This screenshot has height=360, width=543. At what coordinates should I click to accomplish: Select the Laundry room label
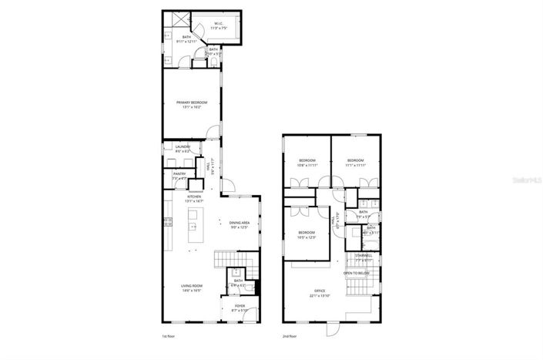click(x=183, y=148)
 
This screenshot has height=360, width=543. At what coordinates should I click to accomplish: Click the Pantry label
click(x=179, y=175)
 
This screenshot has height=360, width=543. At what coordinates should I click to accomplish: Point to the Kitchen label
click(x=195, y=198)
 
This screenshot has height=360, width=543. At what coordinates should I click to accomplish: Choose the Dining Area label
click(x=240, y=224)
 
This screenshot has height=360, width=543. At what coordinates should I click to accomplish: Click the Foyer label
click(x=241, y=307)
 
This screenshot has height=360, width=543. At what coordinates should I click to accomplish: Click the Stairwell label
click(x=364, y=257)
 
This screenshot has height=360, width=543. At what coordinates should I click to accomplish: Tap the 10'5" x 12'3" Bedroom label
click(x=307, y=234)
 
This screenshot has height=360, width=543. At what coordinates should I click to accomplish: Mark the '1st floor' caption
click(x=169, y=337)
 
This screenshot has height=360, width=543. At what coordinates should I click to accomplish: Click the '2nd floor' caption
click(x=290, y=337)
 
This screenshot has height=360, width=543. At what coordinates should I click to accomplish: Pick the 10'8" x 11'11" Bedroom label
click(x=307, y=162)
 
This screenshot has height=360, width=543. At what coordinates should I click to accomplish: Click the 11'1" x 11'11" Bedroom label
click(x=354, y=162)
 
